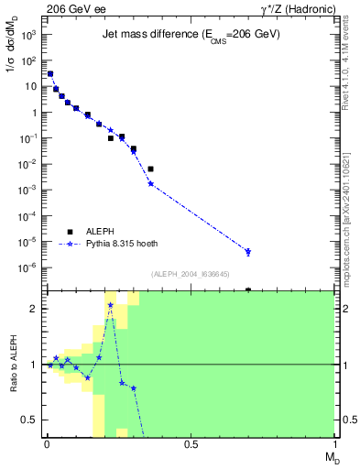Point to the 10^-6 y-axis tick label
pos(29,267)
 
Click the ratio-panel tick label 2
pos(33,309)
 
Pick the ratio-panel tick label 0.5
pos(31,420)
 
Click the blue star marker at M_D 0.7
pos(248,252)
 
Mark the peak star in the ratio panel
pos(110,305)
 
